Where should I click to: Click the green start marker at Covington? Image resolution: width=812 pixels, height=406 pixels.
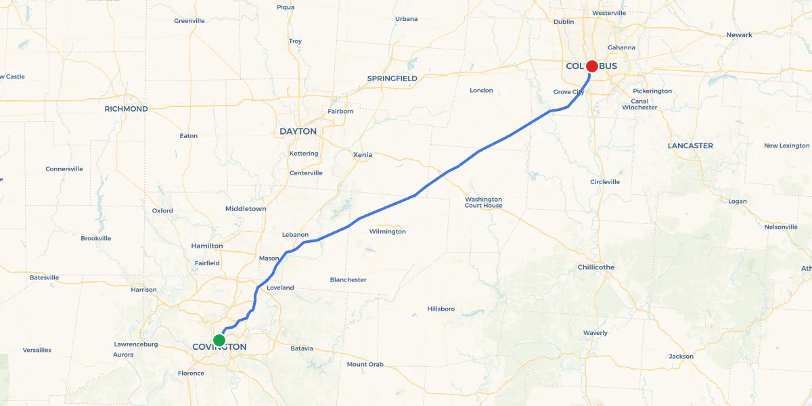[219, 340]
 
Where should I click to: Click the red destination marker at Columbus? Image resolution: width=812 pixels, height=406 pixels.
[591, 66]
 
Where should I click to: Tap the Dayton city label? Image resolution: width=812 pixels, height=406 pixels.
[298, 131]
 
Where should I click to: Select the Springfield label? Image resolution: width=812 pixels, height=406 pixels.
[392, 78]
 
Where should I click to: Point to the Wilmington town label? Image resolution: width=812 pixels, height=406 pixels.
[387, 231]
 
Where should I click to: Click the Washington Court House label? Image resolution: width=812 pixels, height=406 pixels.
[483, 202]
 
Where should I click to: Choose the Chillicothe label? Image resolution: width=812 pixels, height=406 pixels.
[595, 267]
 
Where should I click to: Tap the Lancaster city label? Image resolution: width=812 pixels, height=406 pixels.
[690, 145]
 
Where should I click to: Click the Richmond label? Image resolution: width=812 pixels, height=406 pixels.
[126, 109]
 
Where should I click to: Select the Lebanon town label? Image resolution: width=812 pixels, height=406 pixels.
[295, 235]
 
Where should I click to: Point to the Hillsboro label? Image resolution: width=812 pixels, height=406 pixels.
[441, 309]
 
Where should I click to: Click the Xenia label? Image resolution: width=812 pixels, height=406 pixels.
[363, 155]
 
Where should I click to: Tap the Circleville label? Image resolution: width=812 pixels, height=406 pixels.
[604, 182]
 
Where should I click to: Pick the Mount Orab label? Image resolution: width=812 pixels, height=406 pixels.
[365, 365]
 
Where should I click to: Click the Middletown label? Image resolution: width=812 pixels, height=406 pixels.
[246, 209]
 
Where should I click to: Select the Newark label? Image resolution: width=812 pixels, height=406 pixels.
[739, 35]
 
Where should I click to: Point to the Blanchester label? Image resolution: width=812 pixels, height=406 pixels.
[348, 279]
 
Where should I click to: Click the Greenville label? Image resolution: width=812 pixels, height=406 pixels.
[189, 21]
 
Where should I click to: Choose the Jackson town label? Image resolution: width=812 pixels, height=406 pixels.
[681, 357]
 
